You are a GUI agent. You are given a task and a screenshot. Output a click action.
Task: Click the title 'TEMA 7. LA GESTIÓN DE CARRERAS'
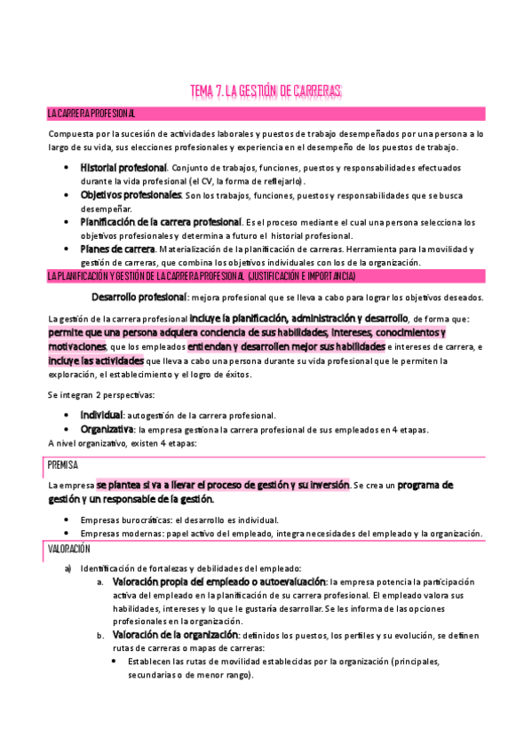(266, 91)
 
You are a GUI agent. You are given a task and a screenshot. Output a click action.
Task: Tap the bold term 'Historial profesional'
(123, 167)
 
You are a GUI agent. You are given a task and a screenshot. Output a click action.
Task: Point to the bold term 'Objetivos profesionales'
(131, 194)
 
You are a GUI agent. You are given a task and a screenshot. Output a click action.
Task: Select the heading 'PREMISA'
(62, 464)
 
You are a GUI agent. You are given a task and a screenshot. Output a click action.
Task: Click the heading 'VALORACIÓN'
(69, 550)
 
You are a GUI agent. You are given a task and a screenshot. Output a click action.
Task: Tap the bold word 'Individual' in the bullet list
(101, 415)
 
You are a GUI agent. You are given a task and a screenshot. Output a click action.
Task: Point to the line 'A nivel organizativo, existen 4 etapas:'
(123, 443)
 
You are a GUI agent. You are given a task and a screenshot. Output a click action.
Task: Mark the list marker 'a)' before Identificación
(67, 567)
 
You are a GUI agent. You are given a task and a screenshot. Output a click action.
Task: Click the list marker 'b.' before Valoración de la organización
(100, 635)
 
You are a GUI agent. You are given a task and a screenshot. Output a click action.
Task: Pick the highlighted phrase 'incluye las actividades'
(95, 361)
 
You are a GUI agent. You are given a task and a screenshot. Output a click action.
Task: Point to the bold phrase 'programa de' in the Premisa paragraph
(425, 485)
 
